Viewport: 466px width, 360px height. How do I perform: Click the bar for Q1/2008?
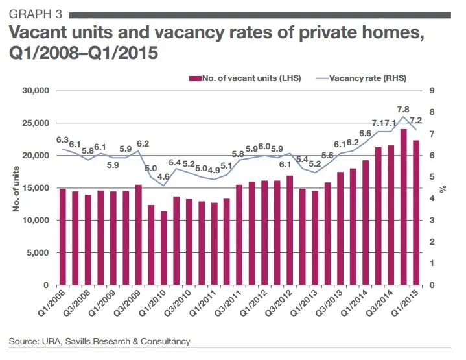click(63, 237)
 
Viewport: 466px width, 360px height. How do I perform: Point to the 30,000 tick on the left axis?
click(36, 91)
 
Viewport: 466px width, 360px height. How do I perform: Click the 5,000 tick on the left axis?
click(39, 253)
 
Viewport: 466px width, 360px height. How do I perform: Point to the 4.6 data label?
click(163, 176)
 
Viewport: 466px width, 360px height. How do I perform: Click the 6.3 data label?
click(63, 139)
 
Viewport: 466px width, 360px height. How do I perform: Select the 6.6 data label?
click(365, 134)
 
